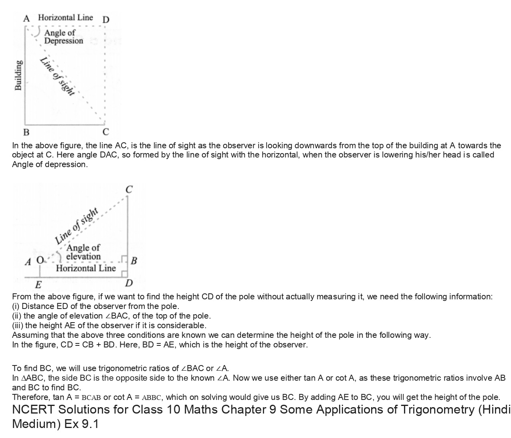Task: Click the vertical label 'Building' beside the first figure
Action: point(18,75)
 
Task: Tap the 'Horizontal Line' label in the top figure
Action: point(65,18)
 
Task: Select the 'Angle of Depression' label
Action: point(63,37)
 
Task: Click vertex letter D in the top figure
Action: point(106,20)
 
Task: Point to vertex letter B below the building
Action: point(26,132)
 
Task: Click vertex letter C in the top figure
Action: point(106,132)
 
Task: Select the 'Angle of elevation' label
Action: point(83,252)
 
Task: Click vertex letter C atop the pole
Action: point(129,190)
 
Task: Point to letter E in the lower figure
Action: point(38,285)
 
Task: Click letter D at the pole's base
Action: point(129,283)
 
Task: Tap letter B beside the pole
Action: point(134,260)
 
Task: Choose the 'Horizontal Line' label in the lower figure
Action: point(86,268)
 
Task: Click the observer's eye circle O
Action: point(40,260)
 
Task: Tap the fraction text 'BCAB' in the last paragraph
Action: point(91,398)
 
